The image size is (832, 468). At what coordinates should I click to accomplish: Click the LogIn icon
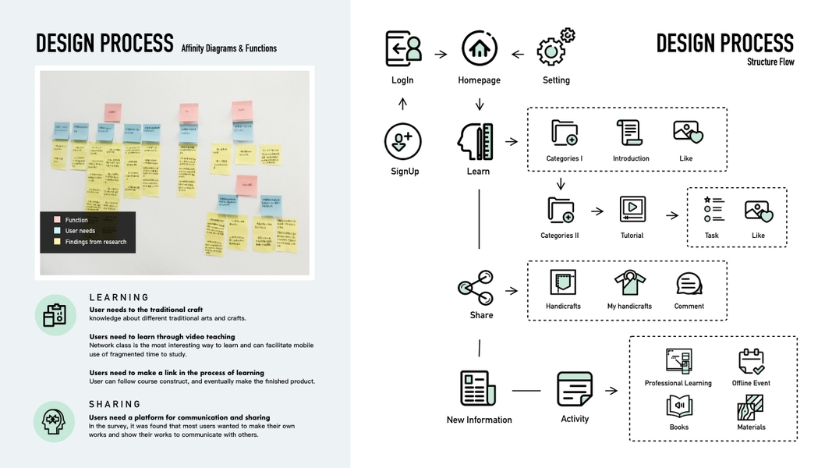(x=403, y=48)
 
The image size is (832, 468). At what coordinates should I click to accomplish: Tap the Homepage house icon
(x=479, y=48)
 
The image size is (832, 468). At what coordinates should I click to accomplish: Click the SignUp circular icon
(x=403, y=142)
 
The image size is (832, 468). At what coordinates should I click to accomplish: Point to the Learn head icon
(x=475, y=141)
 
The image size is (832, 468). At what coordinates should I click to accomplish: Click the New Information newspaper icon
(x=478, y=388)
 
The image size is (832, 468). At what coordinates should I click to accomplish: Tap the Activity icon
(x=575, y=388)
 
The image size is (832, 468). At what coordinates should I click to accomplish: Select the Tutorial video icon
(x=632, y=209)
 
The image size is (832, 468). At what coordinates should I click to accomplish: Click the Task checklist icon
(x=713, y=209)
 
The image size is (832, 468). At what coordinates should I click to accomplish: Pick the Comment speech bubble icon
(x=689, y=284)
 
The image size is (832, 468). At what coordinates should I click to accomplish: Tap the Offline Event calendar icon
(x=752, y=362)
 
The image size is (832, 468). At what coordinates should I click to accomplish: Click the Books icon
(x=678, y=406)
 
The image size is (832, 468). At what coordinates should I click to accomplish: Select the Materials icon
(x=750, y=407)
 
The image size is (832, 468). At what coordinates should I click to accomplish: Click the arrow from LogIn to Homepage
(x=441, y=55)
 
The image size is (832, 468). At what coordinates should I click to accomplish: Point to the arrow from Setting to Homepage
(x=517, y=55)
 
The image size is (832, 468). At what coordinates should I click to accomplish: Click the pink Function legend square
(x=56, y=220)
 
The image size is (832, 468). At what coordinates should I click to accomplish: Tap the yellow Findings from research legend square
(x=56, y=242)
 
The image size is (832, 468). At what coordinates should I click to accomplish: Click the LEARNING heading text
(x=119, y=297)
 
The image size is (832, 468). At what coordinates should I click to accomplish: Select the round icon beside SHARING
(x=54, y=421)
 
